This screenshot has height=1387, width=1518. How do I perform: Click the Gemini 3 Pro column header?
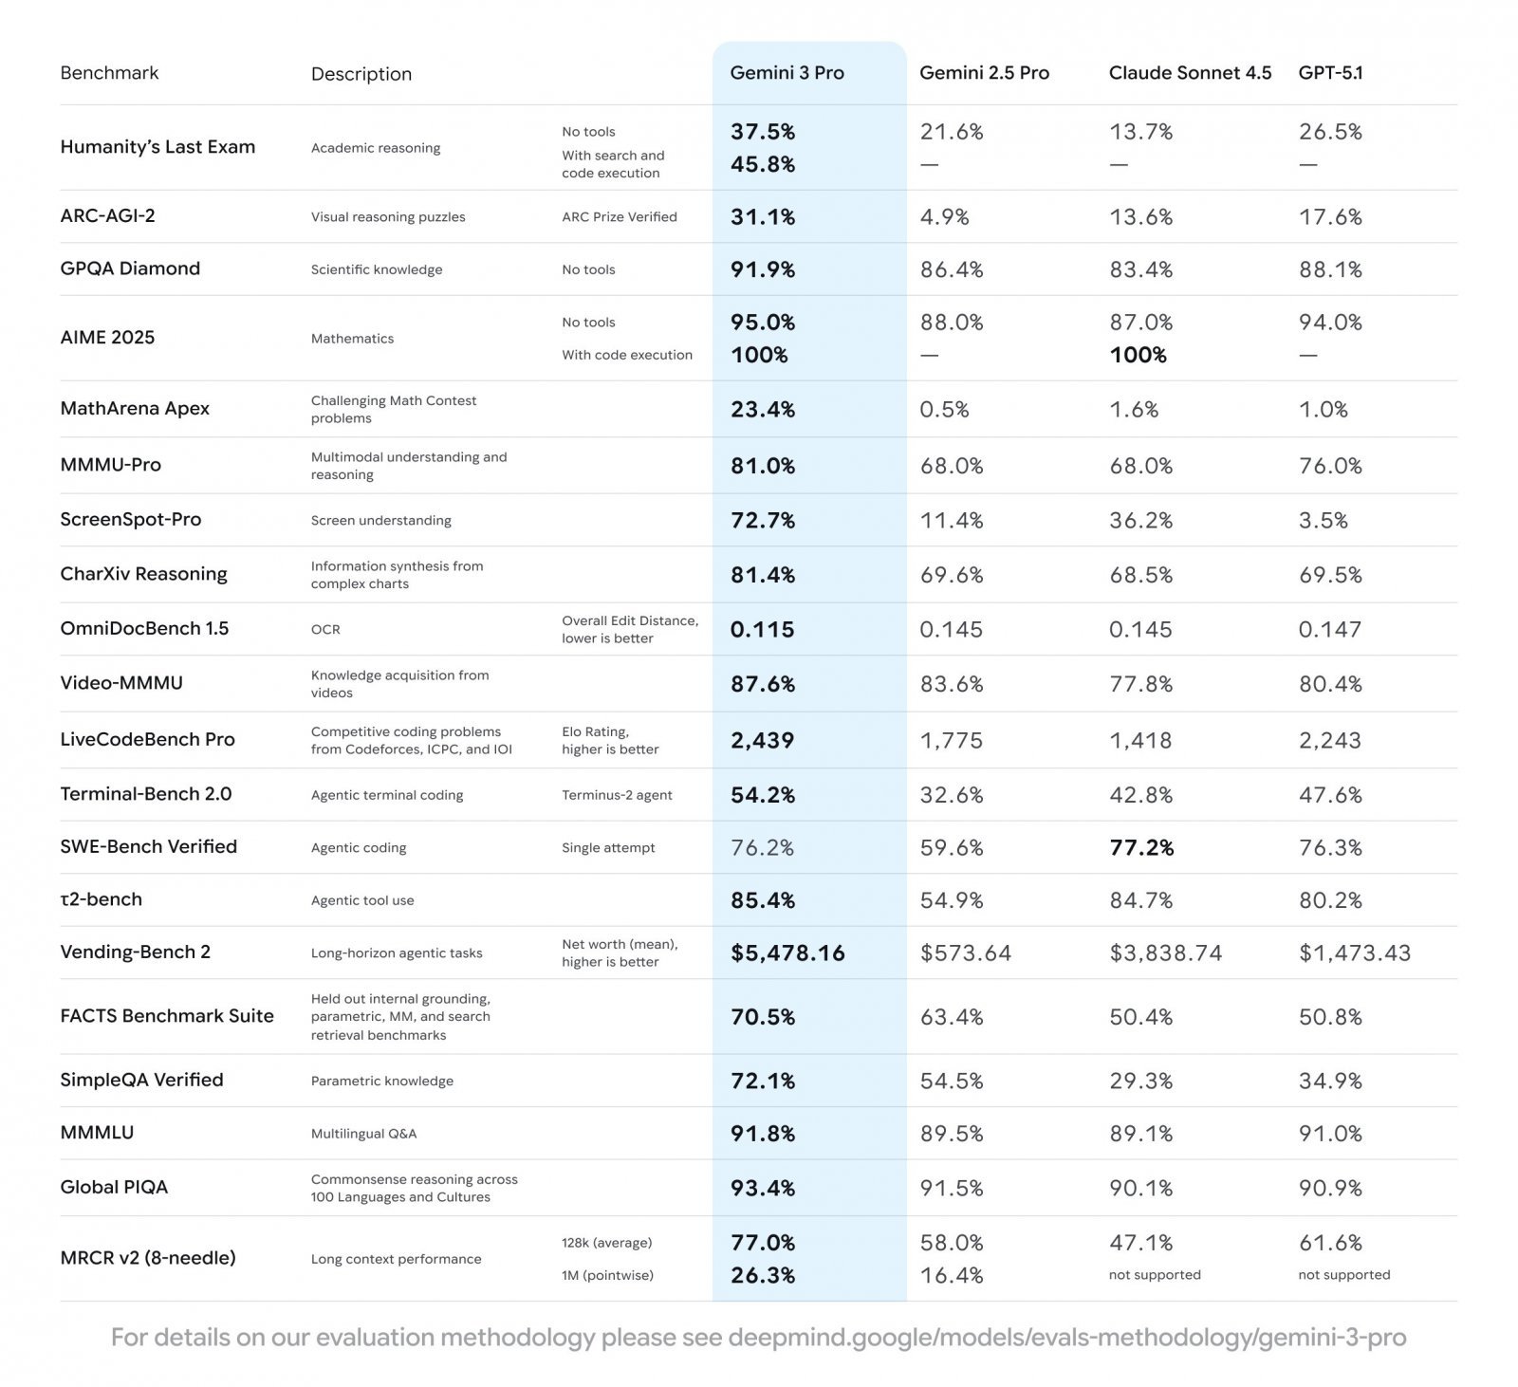(x=787, y=73)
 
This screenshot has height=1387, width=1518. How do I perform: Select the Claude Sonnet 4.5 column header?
(x=1190, y=73)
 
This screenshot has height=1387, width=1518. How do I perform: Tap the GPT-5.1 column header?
(x=1330, y=73)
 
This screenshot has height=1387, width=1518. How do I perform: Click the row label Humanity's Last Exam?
(x=157, y=147)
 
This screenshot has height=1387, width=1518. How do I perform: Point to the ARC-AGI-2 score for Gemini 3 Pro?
(x=763, y=217)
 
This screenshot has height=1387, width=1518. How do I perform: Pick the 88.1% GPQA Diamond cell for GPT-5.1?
(x=1330, y=269)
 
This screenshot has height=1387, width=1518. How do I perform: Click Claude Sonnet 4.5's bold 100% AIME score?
(x=1138, y=355)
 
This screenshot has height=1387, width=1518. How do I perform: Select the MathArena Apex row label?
(x=135, y=409)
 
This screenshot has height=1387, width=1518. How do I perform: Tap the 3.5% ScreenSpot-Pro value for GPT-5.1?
(x=1323, y=520)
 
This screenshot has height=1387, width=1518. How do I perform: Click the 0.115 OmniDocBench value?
(x=762, y=629)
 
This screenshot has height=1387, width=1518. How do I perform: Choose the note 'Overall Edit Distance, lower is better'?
(x=629, y=629)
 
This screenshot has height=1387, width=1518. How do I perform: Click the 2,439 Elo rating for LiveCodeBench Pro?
(x=762, y=740)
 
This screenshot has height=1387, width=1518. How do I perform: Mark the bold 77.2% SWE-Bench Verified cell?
(x=1141, y=847)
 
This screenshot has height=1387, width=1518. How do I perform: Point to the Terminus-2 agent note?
(x=617, y=795)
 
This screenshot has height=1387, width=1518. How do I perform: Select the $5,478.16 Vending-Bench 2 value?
(x=787, y=953)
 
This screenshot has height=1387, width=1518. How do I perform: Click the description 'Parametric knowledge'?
(x=382, y=1081)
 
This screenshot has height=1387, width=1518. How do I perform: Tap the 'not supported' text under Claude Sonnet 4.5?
(x=1155, y=1275)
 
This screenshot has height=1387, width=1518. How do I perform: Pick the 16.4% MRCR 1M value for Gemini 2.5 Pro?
(x=952, y=1275)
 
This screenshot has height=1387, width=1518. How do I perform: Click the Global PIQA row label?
(x=114, y=1188)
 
